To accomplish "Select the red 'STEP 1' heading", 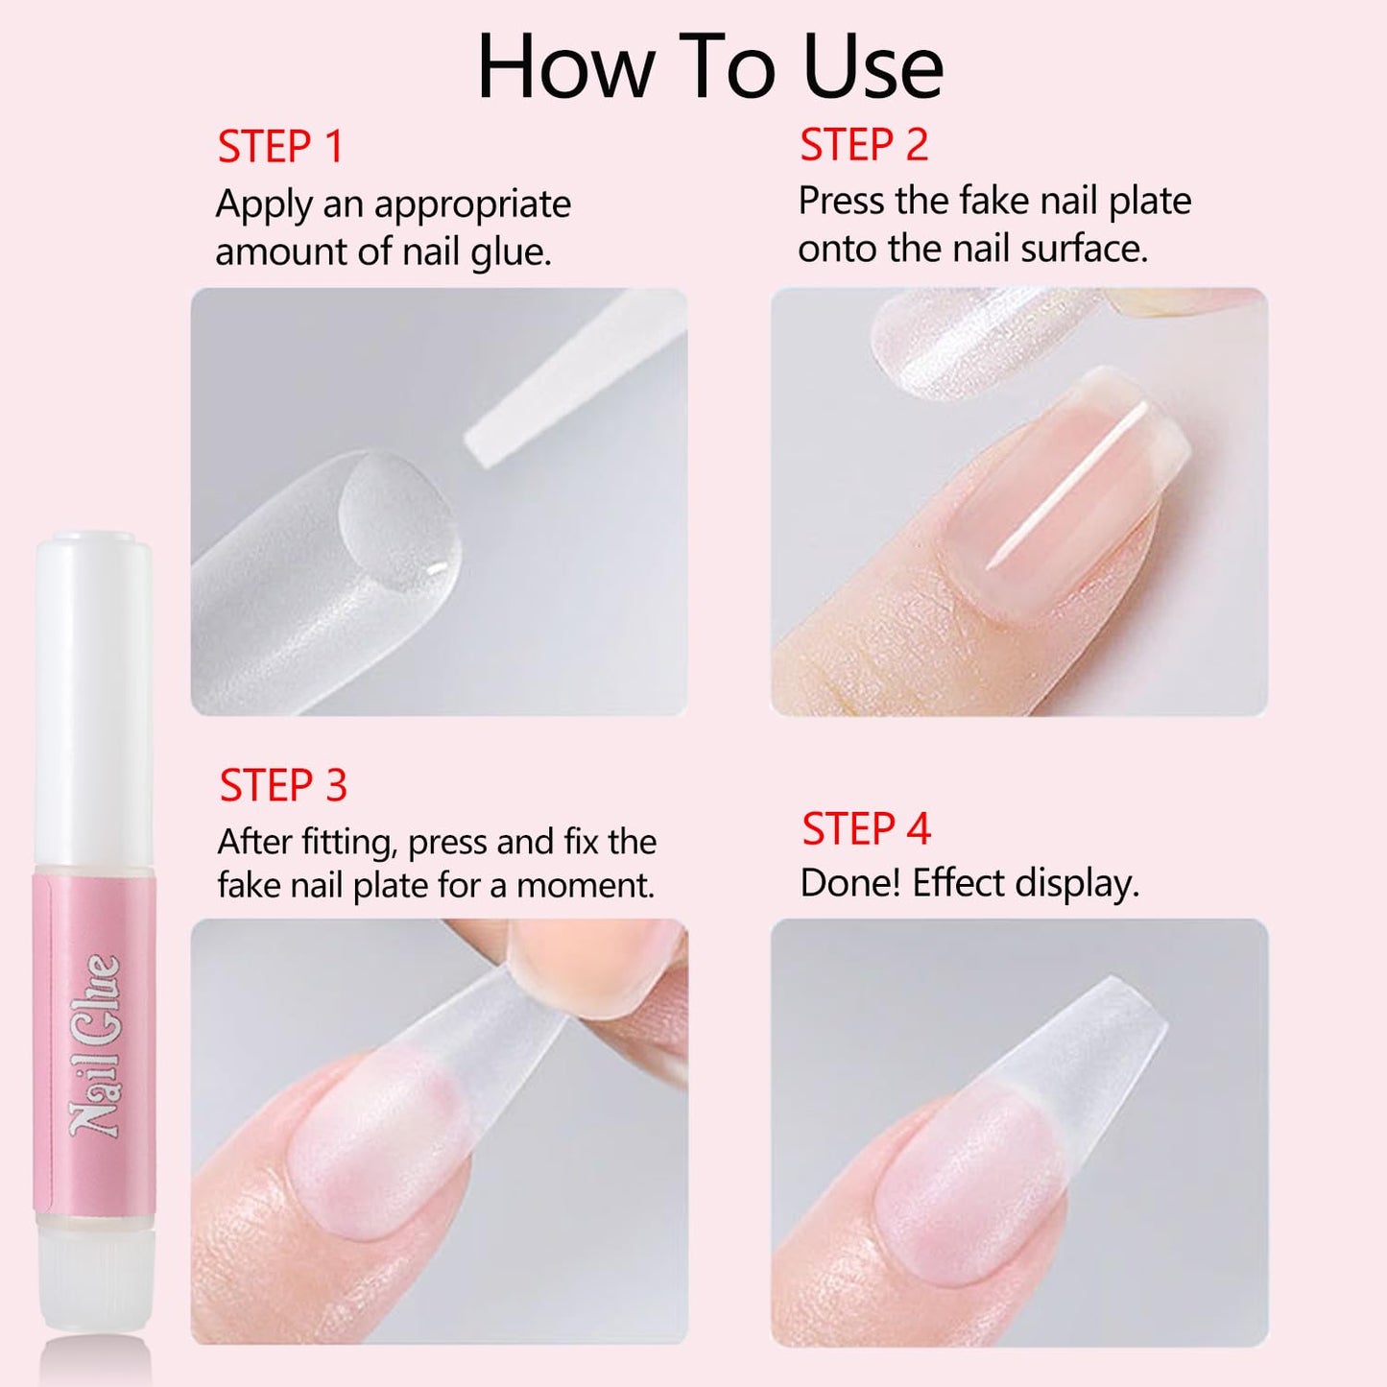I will [279, 148].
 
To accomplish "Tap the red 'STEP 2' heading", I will [864, 145].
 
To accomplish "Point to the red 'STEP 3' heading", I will [282, 785].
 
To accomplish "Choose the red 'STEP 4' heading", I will [866, 828].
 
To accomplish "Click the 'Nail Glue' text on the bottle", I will [94, 1046].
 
